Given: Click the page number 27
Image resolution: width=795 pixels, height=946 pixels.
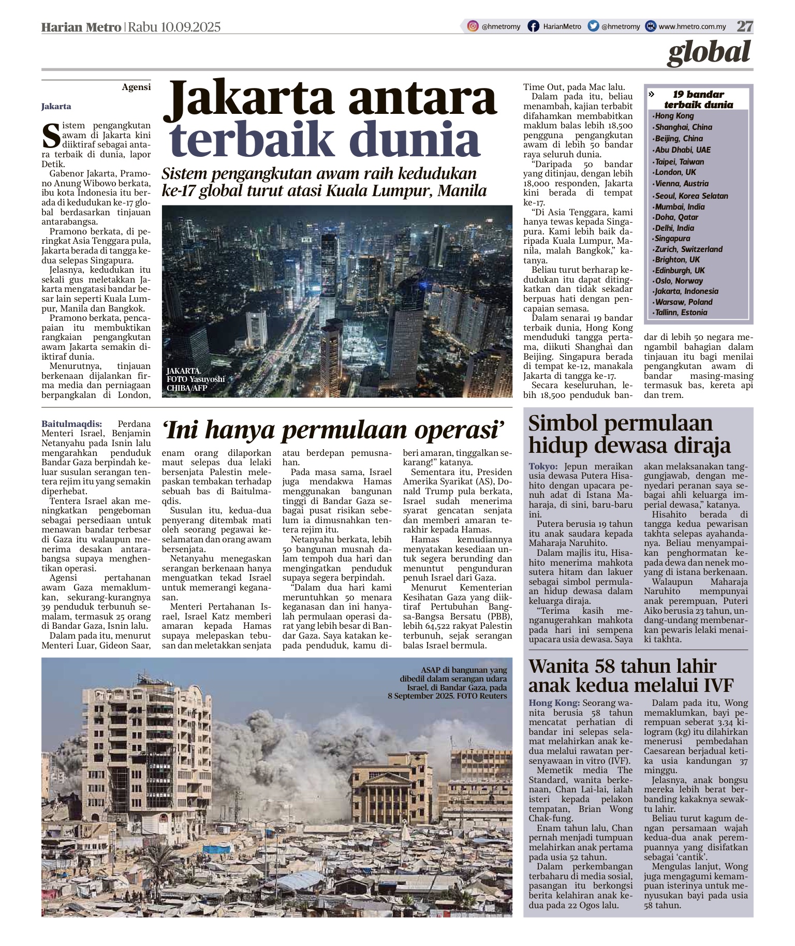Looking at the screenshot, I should [x=745, y=26].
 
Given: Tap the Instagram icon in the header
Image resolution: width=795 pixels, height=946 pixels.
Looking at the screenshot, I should [x=473, y=26].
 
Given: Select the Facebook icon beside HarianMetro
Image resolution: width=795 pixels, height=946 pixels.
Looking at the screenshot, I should [x=533, y=26].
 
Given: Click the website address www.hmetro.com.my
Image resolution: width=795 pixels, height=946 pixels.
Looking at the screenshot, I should [x=692, y=27].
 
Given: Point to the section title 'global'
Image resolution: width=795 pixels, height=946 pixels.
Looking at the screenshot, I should [x=709, y=52].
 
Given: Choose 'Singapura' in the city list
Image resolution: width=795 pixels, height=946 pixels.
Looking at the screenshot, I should [x=672, y=239].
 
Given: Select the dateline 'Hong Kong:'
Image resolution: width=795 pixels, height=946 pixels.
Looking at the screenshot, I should [x=554, y=703].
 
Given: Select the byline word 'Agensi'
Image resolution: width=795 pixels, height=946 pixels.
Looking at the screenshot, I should [x=136, y=87].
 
